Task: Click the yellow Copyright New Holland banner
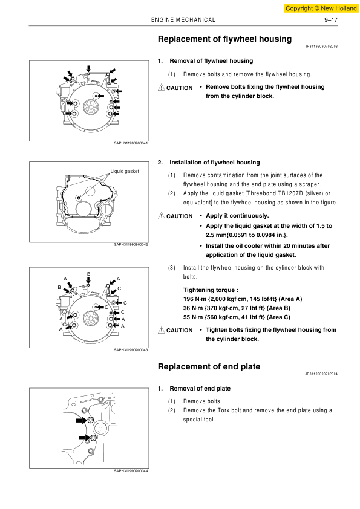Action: click(x=321, y=8)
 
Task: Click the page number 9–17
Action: click(x=331, y=20)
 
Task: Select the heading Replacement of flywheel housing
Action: click(x=225, y=39)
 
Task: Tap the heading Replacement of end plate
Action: click(x=209, y=366)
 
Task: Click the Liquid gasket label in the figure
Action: click(x=125, y=171)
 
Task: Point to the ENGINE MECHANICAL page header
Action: click(x=183, y=20)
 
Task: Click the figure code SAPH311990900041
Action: click(x=131, y=143)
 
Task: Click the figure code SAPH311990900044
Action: click(x=131, y=471)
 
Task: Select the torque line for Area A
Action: click(x=243, y=299)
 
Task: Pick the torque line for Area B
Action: click(x=237, y=308)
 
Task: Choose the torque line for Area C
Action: click(x=237, y=317)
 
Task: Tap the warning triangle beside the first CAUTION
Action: click(x=162, y=87)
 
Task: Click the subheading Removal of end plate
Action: click(x=200, y=389)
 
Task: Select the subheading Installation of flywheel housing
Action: click(x=215, y=162)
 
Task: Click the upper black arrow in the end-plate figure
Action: click(x=81, y=420)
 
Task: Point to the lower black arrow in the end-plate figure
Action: click(x=84, y=438)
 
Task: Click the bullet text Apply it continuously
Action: click(x=237, y=216)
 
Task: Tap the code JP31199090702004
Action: click(x=321, y=374)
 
